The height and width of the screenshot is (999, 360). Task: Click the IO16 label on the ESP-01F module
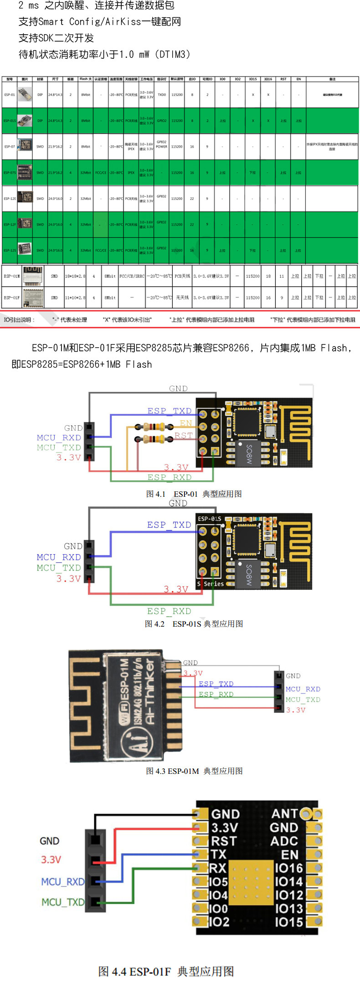click(289, 868)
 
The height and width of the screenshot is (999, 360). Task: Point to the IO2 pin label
click(219, 922)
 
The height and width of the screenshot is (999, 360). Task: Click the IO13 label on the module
click(289, 908)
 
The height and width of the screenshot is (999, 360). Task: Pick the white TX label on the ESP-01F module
click(218, 854)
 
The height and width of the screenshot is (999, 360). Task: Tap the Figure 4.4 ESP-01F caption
click(166, 971)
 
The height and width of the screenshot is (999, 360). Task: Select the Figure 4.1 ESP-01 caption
click(194, 494)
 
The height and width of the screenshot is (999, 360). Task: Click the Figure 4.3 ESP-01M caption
click(194, 771)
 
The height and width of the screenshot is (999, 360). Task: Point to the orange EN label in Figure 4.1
click(186, 423)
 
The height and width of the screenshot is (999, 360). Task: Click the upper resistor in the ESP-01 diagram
click(154, 427)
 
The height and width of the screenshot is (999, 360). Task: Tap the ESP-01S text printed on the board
click(210, 519)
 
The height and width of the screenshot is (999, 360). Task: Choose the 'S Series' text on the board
click(211, 584)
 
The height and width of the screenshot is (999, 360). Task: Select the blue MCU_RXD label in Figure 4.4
click(62, 881)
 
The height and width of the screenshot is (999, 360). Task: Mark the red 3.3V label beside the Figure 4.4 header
click(51, 860)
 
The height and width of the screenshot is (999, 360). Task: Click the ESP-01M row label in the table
click(11, 276)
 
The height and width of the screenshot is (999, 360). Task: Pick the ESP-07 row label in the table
click(10, 147)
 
